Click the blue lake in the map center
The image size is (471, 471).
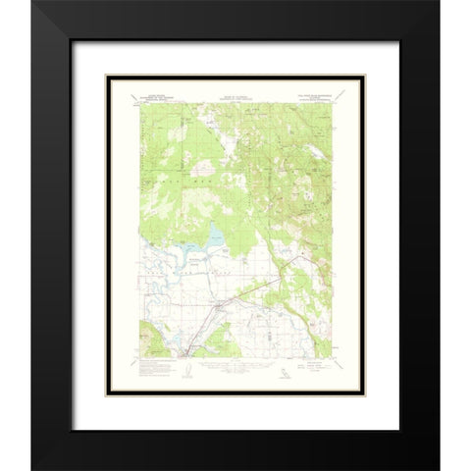(x=214, y=236)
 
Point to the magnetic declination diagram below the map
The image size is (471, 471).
(x=187, y=371)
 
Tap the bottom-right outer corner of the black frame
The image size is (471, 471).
(x=439, y=469)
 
